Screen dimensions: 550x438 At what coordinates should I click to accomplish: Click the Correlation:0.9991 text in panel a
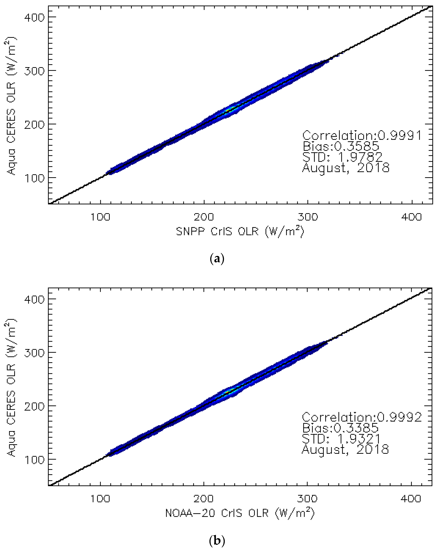pos(362,136)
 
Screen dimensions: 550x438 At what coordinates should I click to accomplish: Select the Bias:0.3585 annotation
pos(341,146)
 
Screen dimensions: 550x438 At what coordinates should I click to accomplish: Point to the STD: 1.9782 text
pos(342,157)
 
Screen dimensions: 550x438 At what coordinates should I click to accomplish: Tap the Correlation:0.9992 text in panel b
pos(362,417)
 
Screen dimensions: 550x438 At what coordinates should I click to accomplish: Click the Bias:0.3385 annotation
pos(340,428)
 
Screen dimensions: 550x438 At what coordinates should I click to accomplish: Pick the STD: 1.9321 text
pos(341,439)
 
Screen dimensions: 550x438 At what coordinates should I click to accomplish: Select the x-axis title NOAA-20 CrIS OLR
pos(240,513)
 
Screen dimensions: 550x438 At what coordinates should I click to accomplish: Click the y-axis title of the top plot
pos(11,106)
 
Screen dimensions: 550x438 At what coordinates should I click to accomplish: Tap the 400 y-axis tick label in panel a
pos(34,17)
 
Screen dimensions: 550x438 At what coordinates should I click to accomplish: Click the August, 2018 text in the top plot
pos(346,168)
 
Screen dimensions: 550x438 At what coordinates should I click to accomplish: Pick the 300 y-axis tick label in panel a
pos(34,71)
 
